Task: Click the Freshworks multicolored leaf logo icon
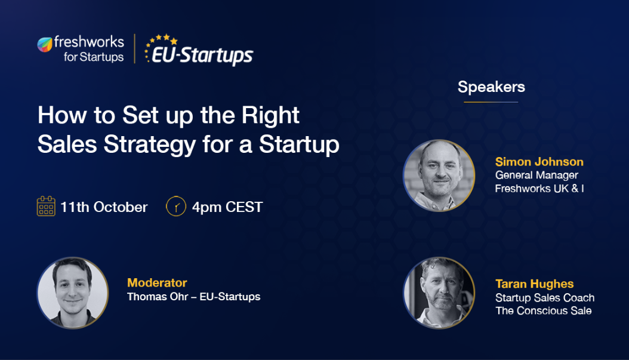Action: tap(45, 45)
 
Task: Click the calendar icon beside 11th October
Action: tap(46, 207)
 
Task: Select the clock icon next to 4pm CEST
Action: tap(175, 207)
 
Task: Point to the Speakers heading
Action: tap(491, 87)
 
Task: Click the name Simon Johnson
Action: tap(539, 162)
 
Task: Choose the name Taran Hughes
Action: tap(534, 284)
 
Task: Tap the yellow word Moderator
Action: tap(157, 282)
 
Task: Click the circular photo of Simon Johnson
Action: tap(439, 176)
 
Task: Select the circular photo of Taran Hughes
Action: tap(439, 293)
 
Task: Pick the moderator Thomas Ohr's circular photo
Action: tap(73, 293)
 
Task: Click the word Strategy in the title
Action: tap(150, 144)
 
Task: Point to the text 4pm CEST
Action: tap(227, 207)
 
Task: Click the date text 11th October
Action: tap(104, 207)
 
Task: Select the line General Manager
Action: tap(536, 176)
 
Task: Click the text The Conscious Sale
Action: tap(544, 310)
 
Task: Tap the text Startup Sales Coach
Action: tap(545, 298)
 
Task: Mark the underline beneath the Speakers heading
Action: tap(491, 102)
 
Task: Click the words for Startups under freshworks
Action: tap(94, 57)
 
